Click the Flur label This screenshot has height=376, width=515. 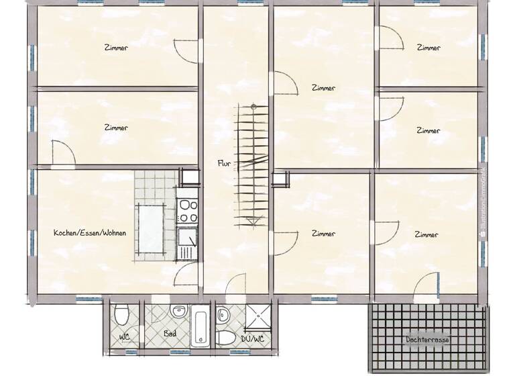[x=224, y=163]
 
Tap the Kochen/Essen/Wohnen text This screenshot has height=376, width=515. [x=90, y=233]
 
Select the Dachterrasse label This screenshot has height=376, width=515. [x=427, y=340]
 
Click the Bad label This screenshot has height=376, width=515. [x=170, y=332]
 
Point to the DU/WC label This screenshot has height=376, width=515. [x=252, y=338]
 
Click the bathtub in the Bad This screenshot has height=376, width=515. [x=201, y=327]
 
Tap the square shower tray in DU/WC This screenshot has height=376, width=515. [x=255, y=316]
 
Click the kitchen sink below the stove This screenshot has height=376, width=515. [x=187, y=242]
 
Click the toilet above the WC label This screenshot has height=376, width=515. [x=121, y=314]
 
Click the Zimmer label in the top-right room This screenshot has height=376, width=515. [x=428, y=48]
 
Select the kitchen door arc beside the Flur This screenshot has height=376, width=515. [x=186, y=274]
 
